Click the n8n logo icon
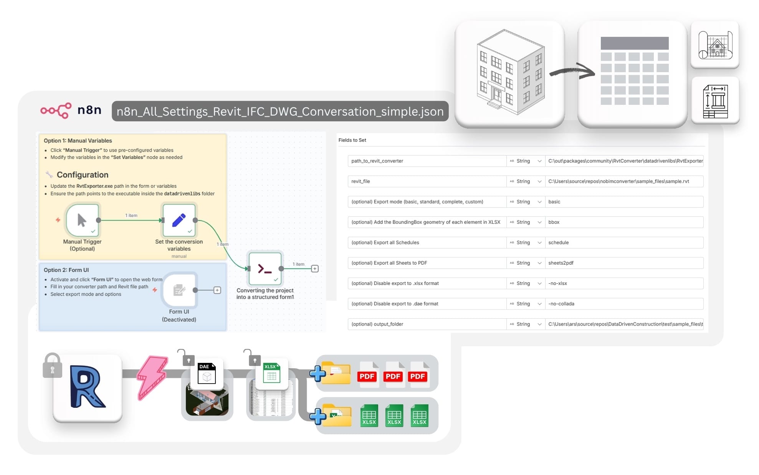point(56,110)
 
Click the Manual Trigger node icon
point(82,220)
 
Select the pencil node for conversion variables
point(179,220)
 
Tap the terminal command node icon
point(265,268)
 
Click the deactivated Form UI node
point(179,290)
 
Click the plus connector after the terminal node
point(315,268)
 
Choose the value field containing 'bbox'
point(624,222)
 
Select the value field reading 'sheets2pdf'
point(624,263)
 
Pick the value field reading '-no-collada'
point(624,304)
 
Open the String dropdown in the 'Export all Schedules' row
point(525,242)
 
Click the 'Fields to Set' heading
point(352,140)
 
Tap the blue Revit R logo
point(88,387)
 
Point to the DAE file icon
point(207,373)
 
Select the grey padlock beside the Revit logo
point(52,366)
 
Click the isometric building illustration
point(509,73)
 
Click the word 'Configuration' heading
point(83,175)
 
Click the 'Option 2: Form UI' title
point(66,270)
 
